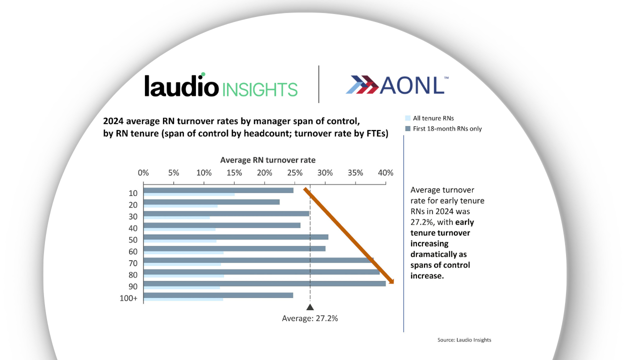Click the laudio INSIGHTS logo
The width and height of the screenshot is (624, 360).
coord(220,86)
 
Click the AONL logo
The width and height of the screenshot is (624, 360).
coord(396,85)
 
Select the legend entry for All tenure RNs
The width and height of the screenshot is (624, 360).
coord(433,118)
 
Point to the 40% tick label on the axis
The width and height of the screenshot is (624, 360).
coord(385,173)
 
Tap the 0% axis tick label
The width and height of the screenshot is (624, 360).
coord(143,173)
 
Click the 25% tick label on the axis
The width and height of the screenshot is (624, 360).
coord(294,173)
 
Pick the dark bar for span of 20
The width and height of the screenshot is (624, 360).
coord(211,202)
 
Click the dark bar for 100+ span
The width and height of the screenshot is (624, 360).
coord(218,295)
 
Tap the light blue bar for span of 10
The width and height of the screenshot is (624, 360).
coord(189,194)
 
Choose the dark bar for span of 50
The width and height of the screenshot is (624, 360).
coord(235,237)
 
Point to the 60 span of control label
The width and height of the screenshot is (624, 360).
coord(133,251)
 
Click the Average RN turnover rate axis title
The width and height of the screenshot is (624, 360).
coord(267,160)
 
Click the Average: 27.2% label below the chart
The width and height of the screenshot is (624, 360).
coord(309,318)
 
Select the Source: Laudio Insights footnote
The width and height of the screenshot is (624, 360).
coord(464,340)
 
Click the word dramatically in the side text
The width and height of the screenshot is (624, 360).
coord(439,254)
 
